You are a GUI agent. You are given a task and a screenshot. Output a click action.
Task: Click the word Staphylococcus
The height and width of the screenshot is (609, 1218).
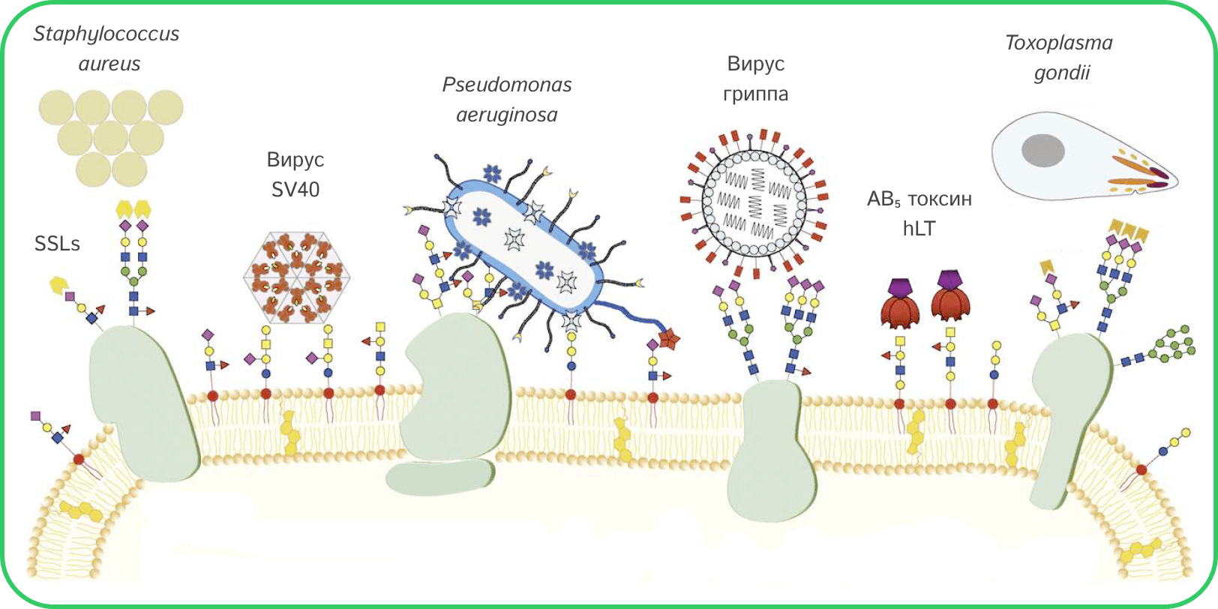point(106,34)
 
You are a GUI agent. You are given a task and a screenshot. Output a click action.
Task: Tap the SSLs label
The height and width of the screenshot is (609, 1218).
point(57,244)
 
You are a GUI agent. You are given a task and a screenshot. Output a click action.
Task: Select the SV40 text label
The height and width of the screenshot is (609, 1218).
point(295,189)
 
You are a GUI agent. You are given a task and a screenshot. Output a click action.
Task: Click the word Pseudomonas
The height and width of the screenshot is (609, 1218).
point(507,85)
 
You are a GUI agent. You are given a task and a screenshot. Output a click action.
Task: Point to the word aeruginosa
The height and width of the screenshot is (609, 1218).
point(507,115)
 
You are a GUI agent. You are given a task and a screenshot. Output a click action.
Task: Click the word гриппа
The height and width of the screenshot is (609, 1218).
point(755,94)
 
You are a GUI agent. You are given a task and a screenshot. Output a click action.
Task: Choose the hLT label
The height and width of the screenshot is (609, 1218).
point(919,228)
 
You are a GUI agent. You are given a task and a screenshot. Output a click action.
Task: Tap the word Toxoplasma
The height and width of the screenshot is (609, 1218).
point(1059,43)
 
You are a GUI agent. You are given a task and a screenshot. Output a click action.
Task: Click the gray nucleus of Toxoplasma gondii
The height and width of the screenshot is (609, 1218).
point(1043,150)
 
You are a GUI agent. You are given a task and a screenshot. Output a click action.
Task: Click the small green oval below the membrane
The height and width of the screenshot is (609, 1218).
point(440,477)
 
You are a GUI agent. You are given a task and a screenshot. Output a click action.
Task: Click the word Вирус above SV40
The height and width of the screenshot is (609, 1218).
point(295,160)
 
